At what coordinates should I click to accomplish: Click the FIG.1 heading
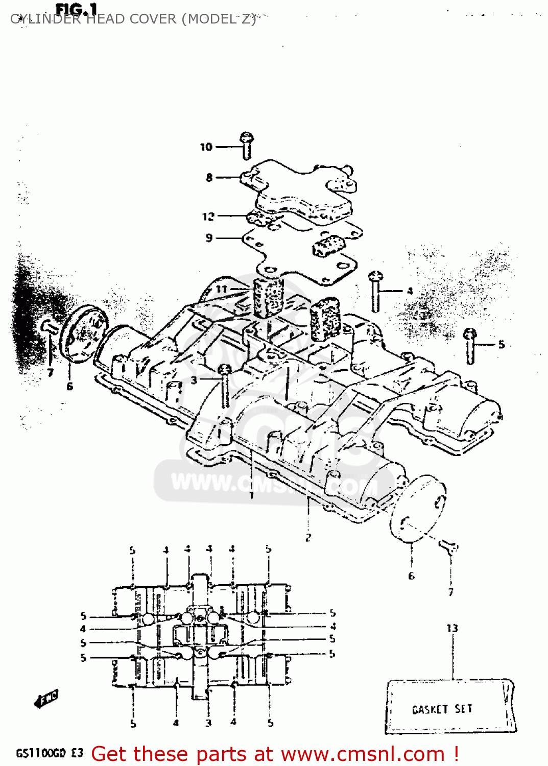point(76,10)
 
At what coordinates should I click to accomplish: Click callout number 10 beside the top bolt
point(206,147)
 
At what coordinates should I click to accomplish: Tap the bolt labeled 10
point(247,145)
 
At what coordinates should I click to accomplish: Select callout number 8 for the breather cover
point(209,178)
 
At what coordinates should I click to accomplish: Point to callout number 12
point(208,217)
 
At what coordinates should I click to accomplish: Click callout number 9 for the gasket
point(209,238)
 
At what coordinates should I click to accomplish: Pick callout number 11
point(221,289)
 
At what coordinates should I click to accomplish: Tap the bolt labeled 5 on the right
point(470,346)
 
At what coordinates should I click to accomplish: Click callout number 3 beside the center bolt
point(194,380)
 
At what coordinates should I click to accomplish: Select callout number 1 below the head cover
point(251,495)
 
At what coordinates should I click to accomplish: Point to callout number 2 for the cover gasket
point(308,537)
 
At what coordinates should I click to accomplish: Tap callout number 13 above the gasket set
point(452,628)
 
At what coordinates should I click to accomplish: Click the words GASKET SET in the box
point(442,709)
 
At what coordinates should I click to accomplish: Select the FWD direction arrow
point(47,698)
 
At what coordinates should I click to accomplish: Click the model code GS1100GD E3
point(50,753)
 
